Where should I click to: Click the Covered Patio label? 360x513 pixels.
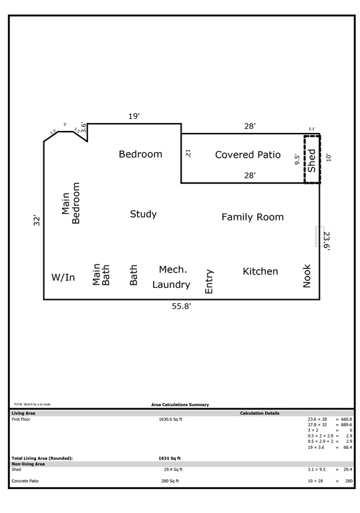(x=247, y=154)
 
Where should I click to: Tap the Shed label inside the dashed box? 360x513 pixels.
(x=311, y=159)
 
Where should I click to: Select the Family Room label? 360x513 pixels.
(x=252, y=217)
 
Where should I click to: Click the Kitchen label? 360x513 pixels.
(x=260, y=271)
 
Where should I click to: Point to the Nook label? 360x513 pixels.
(x=307, y=276)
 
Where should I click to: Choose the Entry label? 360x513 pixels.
(x=209, y=281)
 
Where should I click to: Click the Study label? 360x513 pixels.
(x=143, y=214)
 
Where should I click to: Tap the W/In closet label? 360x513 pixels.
(x=63, y=277)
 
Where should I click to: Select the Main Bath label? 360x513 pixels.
(x=101, y=275)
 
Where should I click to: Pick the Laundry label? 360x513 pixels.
(x=171, y=285)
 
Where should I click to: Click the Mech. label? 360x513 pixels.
(x=172, y=269)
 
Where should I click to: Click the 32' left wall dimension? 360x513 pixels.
(x=37, y=222)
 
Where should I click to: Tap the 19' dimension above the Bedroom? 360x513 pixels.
(x=134, y=116)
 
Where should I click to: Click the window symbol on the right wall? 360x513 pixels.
(x=319, y=236)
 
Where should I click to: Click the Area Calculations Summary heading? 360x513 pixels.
(x=180, y=404)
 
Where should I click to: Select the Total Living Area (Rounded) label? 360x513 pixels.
(x=42, y=458)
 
